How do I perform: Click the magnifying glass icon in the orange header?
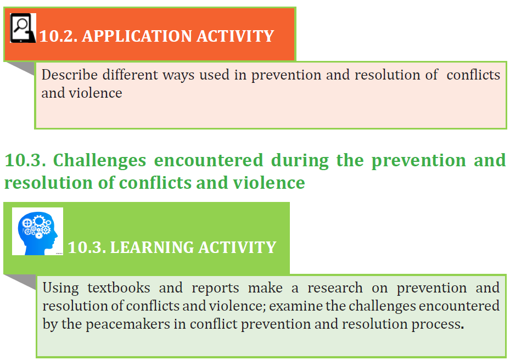[23, 28]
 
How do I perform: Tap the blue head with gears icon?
[38, 232]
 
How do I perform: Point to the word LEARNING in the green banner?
[152, 247]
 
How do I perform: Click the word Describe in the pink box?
[69, 75]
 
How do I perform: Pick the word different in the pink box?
[130, 75]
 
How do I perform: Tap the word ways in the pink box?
[178, 75]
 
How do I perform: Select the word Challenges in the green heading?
[99, 161]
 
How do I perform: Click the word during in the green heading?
[300, 161]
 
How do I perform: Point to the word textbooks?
[119, 288]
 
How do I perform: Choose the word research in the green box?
[335, 288]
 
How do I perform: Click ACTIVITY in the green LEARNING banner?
[237, 247]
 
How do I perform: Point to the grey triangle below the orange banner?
[22, 67]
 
